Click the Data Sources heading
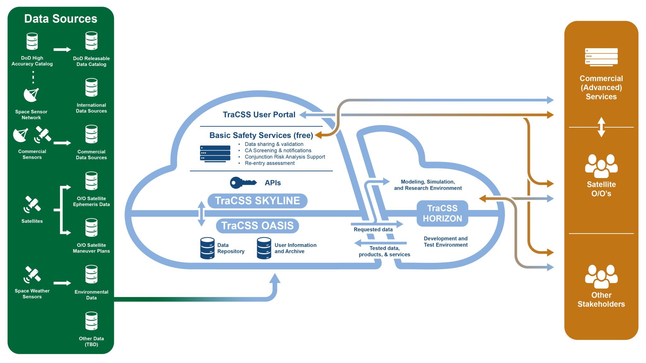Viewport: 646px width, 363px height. (x=61, y=19)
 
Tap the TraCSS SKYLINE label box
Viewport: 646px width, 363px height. (x=257, y=201)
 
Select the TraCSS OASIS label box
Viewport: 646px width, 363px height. (x=257, y=226)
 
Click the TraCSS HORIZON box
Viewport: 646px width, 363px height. (x=442, y=213)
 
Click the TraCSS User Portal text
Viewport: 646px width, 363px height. (x=259, y=115)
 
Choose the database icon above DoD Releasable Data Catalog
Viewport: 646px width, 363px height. (x=91, y=41)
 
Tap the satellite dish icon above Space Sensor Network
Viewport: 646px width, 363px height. (x=31, y=95)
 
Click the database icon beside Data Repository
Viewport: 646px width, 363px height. (x=207, y=248)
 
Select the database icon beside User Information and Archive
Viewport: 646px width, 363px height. (x=264, y=248)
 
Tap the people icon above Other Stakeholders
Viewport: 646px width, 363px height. (x=601, y=276)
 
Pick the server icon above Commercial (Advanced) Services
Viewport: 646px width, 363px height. (x=601, y=57)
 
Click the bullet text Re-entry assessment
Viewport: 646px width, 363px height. (x=269, y=163)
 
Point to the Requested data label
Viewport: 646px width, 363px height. (x=373, y=230)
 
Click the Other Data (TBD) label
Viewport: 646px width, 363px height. (x=91, y=341)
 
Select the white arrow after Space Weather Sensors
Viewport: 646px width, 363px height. (x=62, y=283)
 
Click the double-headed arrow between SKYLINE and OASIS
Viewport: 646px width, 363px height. (x=202, y=214)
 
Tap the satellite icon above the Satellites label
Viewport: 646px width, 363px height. (x=32, y=204)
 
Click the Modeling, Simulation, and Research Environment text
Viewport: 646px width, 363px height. (x=428, y=185)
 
